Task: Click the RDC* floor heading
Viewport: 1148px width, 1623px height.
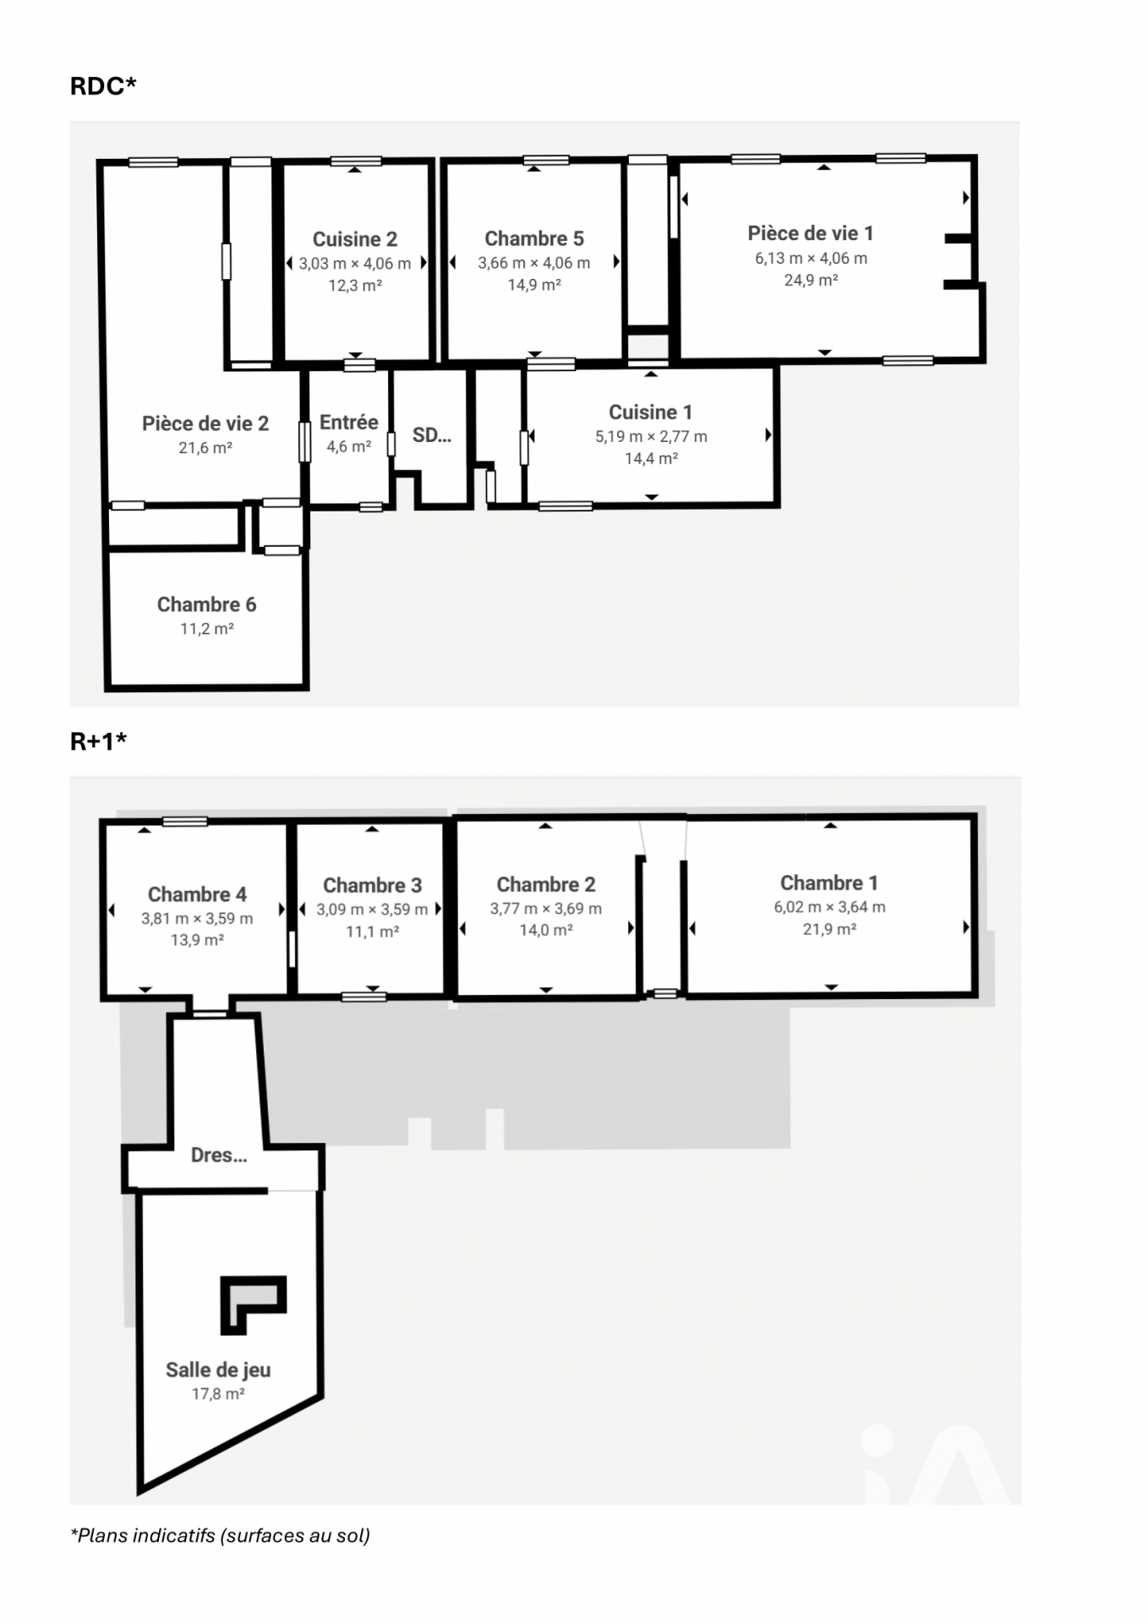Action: click(103, 85)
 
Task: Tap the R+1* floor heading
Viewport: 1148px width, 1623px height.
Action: click(98, 741)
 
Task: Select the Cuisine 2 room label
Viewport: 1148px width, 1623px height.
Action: click(355, 239)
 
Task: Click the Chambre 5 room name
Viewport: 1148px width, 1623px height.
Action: click(534, 238)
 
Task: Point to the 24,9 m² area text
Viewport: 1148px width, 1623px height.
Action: click(811, 280)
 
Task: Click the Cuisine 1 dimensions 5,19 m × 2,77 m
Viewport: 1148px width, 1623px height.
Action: click(651, 436)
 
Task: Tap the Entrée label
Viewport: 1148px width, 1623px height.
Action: click(349, 422)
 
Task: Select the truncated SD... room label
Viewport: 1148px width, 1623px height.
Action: click(432, 435)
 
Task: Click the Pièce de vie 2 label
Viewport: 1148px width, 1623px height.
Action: click(205, 424)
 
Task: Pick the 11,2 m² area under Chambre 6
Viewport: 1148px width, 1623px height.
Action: click(207, 629)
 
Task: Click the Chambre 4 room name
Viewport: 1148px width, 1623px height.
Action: click(197, 894)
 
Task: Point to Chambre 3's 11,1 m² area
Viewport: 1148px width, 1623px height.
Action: click(373, 932)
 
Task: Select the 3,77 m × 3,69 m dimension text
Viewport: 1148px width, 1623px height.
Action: click(546, 909)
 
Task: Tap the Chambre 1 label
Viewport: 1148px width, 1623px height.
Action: click(829, 883)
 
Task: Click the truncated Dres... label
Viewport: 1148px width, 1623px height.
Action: click(219, 1155)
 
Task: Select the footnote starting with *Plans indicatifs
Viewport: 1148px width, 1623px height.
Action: click(220, 1535)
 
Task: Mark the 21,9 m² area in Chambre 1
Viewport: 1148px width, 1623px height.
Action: click(829, 929)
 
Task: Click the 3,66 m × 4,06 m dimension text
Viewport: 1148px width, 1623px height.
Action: click(534, 263)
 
